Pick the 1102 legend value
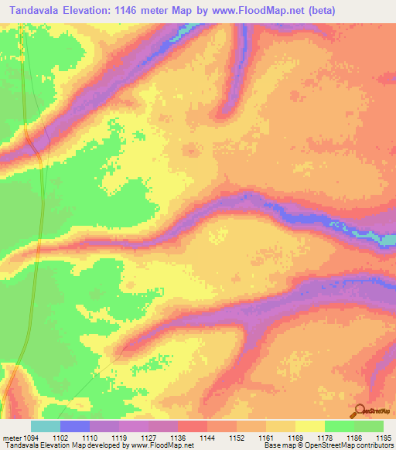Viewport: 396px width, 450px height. click(x=73, y=438)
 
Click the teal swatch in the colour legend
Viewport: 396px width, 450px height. click(x=46, y=426)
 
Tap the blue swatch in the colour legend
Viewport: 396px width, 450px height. click(x=75, y=426)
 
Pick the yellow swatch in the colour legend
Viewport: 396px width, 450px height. click(x=310, y=426)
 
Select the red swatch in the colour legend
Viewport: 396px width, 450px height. click(x=193, y=426)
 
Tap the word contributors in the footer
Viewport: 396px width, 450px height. click(x=373, y=446)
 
